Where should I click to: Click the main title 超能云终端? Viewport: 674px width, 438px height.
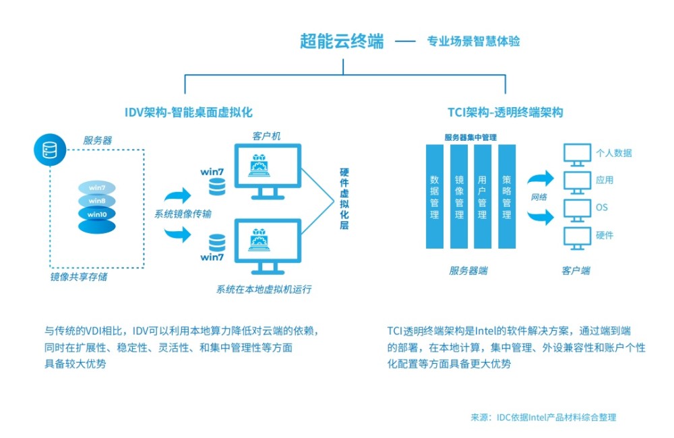pos(342,41)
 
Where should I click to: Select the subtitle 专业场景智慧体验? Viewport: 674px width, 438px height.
pos(473,42)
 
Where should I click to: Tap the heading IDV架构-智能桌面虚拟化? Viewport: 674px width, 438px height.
pos(189,112)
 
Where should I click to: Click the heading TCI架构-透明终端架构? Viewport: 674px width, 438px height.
pos(506,112)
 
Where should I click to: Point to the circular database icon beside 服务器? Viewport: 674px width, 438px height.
pos(49,150)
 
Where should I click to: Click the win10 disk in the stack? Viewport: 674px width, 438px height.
pos(96,214)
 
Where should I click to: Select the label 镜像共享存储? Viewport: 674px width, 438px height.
pos(79,276)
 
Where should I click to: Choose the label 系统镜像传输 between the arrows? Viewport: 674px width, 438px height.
pos(183,214)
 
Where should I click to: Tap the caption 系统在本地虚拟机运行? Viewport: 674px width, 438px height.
pos(264,290)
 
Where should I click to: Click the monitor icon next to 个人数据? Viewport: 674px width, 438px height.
pos(575,154)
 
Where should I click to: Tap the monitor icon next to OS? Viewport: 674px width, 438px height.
pos(575,208)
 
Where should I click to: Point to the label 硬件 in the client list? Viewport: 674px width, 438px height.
pos(605,236)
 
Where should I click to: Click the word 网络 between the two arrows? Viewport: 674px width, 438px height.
pos(539,198)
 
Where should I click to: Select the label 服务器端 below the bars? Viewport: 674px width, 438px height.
pos(469,271)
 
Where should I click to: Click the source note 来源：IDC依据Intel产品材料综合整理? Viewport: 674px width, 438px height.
pos(543,417)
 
